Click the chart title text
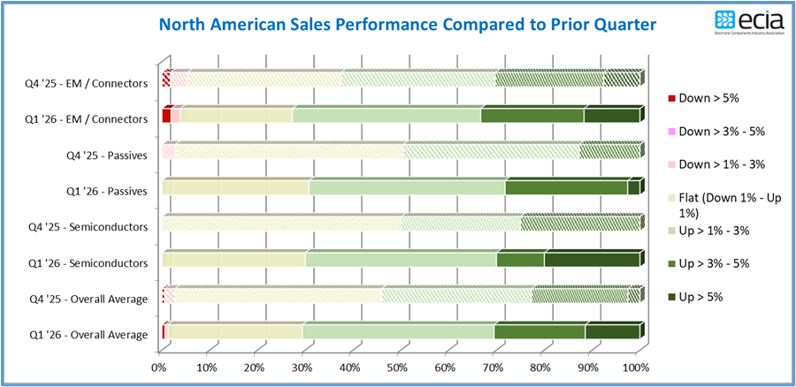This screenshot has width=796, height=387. click(x=407, y=24)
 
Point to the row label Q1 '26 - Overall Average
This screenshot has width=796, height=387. click(x=90, y=334)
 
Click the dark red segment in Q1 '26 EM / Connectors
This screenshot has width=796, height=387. click(x=166, y=116)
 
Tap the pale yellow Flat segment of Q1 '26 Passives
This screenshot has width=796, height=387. click(x=235, y=187)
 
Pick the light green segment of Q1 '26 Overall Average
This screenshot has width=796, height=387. click(x=398, y=332)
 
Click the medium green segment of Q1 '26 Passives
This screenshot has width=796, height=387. click(x=566, y=187)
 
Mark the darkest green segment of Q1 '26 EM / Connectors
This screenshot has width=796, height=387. click(x=611, y=116)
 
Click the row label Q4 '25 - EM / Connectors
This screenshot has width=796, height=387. click(x=87, y=84)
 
